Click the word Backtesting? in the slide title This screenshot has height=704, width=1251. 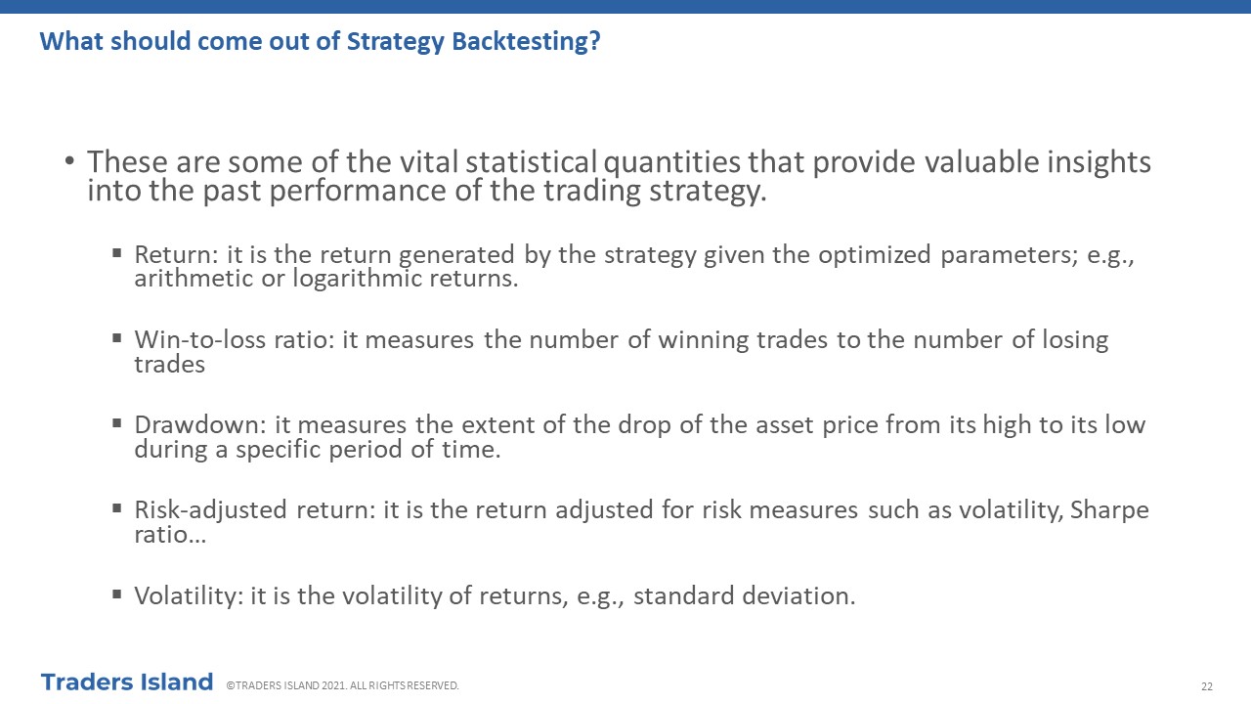pyautogui.click(x=526, y=42)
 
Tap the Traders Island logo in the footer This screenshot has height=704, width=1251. pyautogui.click(x=127, y=682)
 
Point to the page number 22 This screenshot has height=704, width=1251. pyautogui.click(x=1207, y=686)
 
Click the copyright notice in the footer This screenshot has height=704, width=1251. pyautogui.click(x=342, y=685)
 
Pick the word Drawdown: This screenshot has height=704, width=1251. pyautogui.click(x=200, y=425)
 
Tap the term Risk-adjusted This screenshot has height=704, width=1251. pyautogui.click(x=210, y=510)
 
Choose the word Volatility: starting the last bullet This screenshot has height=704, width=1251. pyautogui.click(x=189, y=595)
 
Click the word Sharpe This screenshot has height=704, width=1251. pyautogui.click(x=1109, y=510)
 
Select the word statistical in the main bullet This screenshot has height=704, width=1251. pyautogui.click(x=531, y=162)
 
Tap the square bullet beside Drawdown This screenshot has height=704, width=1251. pyautogui.click(x=116, y=423)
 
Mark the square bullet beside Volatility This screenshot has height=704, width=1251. pyautogui.click(x=116, y=594)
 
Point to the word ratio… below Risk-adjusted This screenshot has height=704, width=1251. pyautogui.click(x=170, y=535)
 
